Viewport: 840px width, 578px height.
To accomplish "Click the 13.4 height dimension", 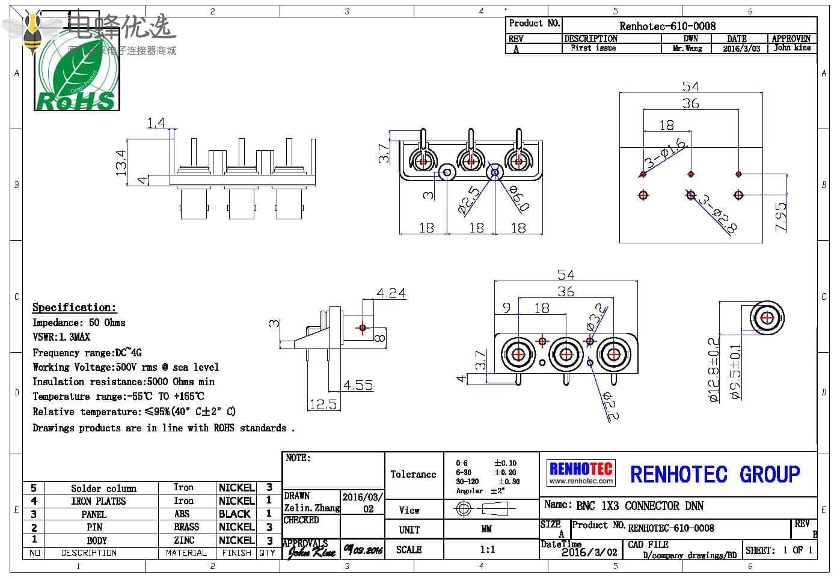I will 121,162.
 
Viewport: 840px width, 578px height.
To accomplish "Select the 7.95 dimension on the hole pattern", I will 780,217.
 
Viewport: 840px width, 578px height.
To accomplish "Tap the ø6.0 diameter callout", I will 519,198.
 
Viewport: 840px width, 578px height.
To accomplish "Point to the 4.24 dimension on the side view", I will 391,293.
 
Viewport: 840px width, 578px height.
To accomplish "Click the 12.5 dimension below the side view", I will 323,404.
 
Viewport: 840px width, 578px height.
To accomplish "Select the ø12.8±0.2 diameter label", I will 714,370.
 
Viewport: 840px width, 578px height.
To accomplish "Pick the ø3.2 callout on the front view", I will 596,317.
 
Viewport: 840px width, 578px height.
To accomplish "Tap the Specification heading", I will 74,308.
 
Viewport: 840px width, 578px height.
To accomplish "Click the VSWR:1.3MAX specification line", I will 61,337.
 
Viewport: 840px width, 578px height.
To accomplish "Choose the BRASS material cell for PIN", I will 186,527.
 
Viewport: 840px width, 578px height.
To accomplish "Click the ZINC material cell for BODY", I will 184,540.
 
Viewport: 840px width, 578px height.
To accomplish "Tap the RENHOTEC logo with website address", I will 581,472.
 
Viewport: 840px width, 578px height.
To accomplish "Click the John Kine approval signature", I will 311,551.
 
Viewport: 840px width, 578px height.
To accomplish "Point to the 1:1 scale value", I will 488,550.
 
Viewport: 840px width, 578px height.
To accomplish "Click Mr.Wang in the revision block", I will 688,49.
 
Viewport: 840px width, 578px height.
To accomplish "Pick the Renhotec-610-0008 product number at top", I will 667,26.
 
